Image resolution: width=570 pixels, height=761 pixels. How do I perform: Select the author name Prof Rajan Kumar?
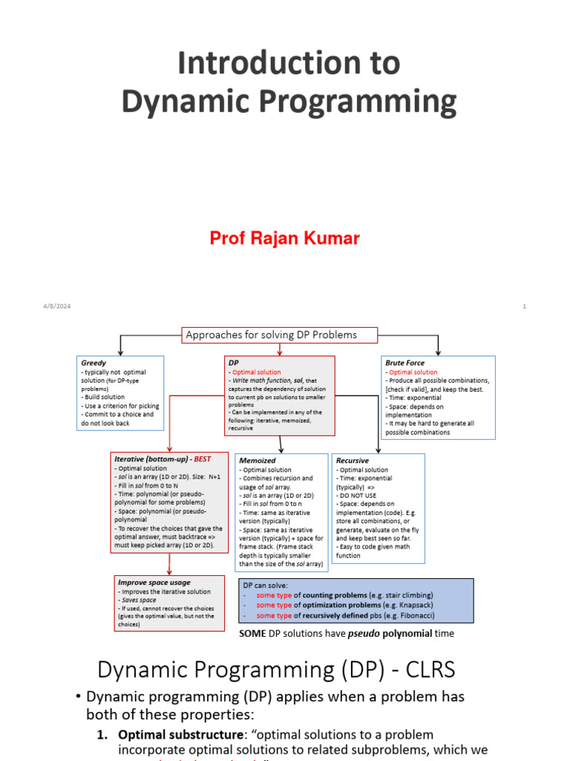coord(284,238)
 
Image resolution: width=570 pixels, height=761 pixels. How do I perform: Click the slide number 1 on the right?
coord(524,306)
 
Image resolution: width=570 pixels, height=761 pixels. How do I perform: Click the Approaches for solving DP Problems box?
coord(271,334)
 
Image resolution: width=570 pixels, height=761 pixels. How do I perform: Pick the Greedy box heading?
coord(94,363)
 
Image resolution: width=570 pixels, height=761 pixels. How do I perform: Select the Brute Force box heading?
coord(404,363)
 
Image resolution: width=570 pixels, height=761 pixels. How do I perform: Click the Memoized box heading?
coord(258,461)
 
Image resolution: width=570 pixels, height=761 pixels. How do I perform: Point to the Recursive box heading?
coord(353,461)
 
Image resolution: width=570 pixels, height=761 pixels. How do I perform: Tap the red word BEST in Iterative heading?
coord(203,459)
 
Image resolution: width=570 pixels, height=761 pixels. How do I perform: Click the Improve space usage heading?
coord(154,583)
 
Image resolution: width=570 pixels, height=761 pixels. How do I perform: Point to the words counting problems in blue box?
coord(344,595)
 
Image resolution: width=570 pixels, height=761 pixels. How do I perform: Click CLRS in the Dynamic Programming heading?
coord(426,670)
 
